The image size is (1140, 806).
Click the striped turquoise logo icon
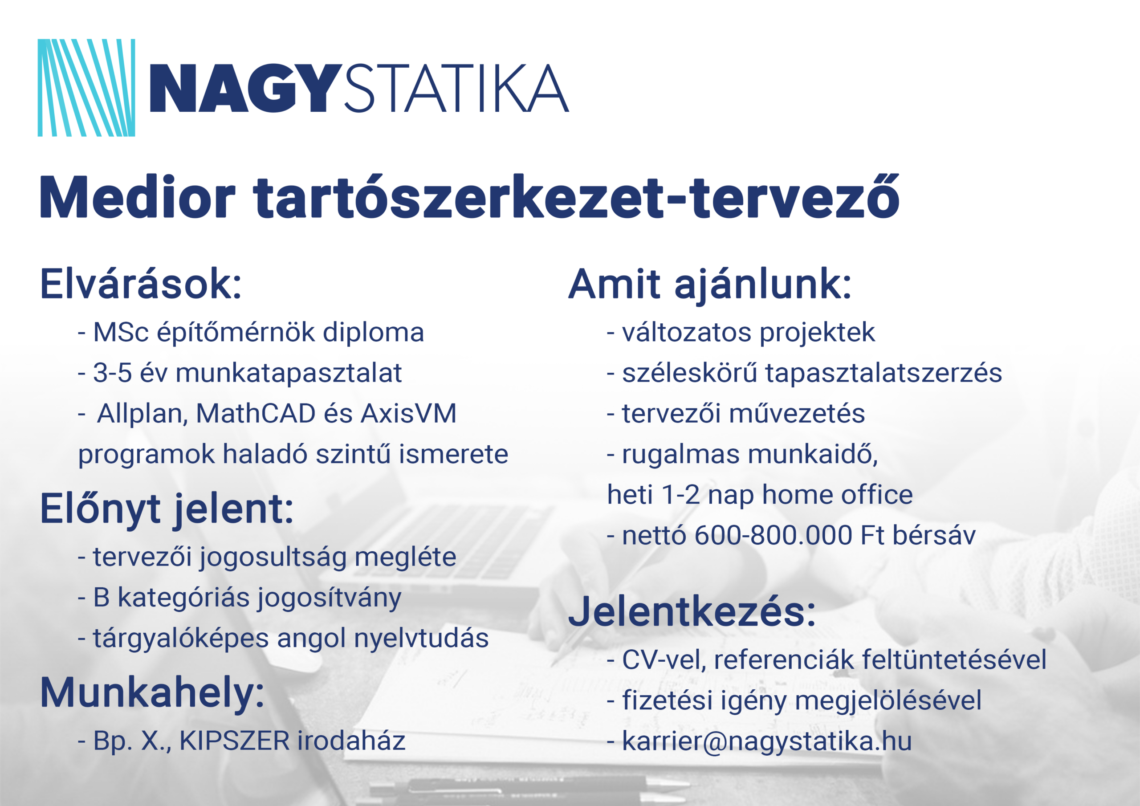[x=86, y=87]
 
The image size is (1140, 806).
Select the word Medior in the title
[x=138, y=197]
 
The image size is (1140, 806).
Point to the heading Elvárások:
[x=141, y=284]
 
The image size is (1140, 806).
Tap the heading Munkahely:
[x=152, y=693]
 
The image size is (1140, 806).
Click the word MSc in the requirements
[x=121, y=332]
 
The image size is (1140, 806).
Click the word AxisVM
[x=408, y=414]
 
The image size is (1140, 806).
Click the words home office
[x=837, y=495]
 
